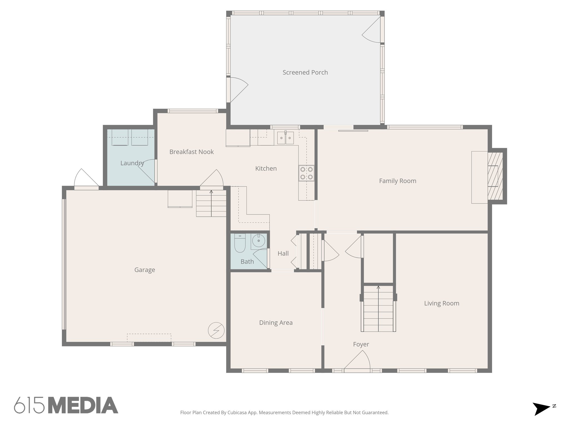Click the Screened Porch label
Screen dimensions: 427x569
[305, 73]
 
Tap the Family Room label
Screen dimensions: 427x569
[398, 181]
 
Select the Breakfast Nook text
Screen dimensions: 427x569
[191, 152]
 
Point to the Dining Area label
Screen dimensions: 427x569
[276, 323]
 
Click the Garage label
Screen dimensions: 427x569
[144, 270]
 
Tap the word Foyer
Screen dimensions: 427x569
[361, 344]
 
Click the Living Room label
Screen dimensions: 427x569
[441, 303]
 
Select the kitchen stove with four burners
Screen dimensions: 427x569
[306, 173]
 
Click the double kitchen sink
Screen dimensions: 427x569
[285, 138]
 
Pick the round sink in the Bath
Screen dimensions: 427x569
[259, 240]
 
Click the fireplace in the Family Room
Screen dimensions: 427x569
[495, 176]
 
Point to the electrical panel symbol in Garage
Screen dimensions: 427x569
[216, 330]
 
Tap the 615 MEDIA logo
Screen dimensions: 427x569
[66, 405]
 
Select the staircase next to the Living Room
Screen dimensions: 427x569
[378, 309]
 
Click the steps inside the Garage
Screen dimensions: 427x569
[211, 203]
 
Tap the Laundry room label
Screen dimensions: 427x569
[132, 163]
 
